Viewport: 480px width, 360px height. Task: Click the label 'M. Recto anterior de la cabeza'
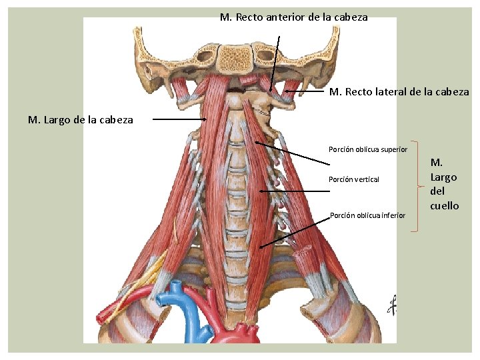click(x=293, y=17)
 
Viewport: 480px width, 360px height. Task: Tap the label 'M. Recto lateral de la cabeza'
click(x=399, y=91)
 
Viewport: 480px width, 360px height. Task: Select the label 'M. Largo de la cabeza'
click(x=80, y=120)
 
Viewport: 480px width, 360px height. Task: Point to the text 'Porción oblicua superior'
click(x=367, y=149)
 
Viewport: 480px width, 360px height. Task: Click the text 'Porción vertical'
click(x=353, y=179)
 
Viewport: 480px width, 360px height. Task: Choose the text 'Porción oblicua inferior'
click(x=367, y=215)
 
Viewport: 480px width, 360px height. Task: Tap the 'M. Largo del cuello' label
click(x=444, y=183)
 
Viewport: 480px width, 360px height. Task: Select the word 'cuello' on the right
click(x=444, y=205)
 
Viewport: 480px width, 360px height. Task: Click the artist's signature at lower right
click(x=393, y=305)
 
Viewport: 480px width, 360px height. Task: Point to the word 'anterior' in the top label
click(x=286, y=17)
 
